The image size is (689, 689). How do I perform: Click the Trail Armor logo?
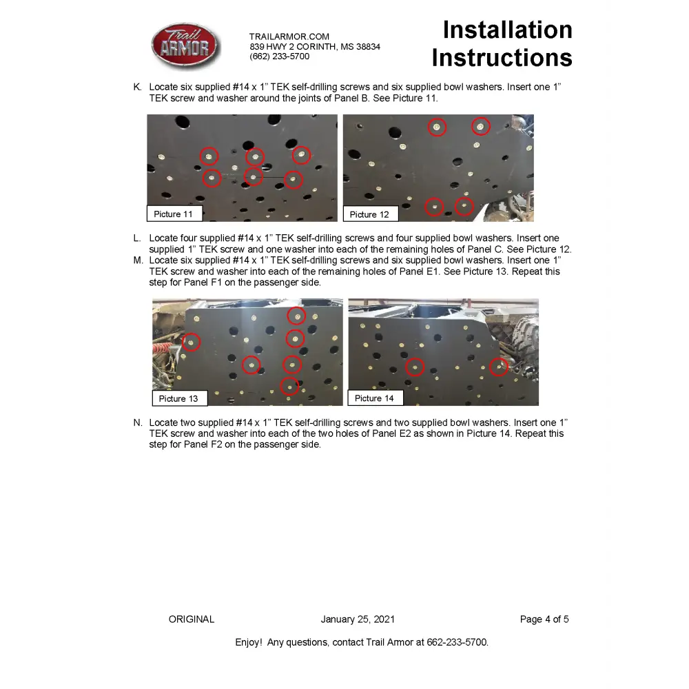(185, 46)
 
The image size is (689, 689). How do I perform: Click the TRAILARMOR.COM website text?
(289, 37)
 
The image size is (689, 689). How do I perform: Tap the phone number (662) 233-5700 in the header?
(280, 56)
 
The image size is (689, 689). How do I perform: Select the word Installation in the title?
(507, 30)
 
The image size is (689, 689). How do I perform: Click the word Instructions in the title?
(502, 58)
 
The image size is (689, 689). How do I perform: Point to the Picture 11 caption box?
(174, 214)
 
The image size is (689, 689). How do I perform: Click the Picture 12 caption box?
(369, 214)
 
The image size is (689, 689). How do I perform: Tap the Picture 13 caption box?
(178, 398)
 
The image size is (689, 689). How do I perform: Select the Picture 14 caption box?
(374, 398)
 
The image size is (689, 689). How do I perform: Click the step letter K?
(137, 88)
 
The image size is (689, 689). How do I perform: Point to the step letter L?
(137, 238)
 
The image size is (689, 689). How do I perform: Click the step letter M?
(138, 260)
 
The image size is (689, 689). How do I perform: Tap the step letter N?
(138, 422)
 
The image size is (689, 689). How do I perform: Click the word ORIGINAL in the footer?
(192, 619)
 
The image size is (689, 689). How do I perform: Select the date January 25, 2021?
(358, 619)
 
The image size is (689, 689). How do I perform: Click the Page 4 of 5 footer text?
(544, 619)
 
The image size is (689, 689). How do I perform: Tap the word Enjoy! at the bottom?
(249, 642)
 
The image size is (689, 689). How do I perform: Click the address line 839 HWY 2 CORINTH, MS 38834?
(315, 47)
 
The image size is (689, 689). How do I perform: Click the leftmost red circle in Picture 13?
(192, 341)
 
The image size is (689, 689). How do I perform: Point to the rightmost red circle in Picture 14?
(499, 367)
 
